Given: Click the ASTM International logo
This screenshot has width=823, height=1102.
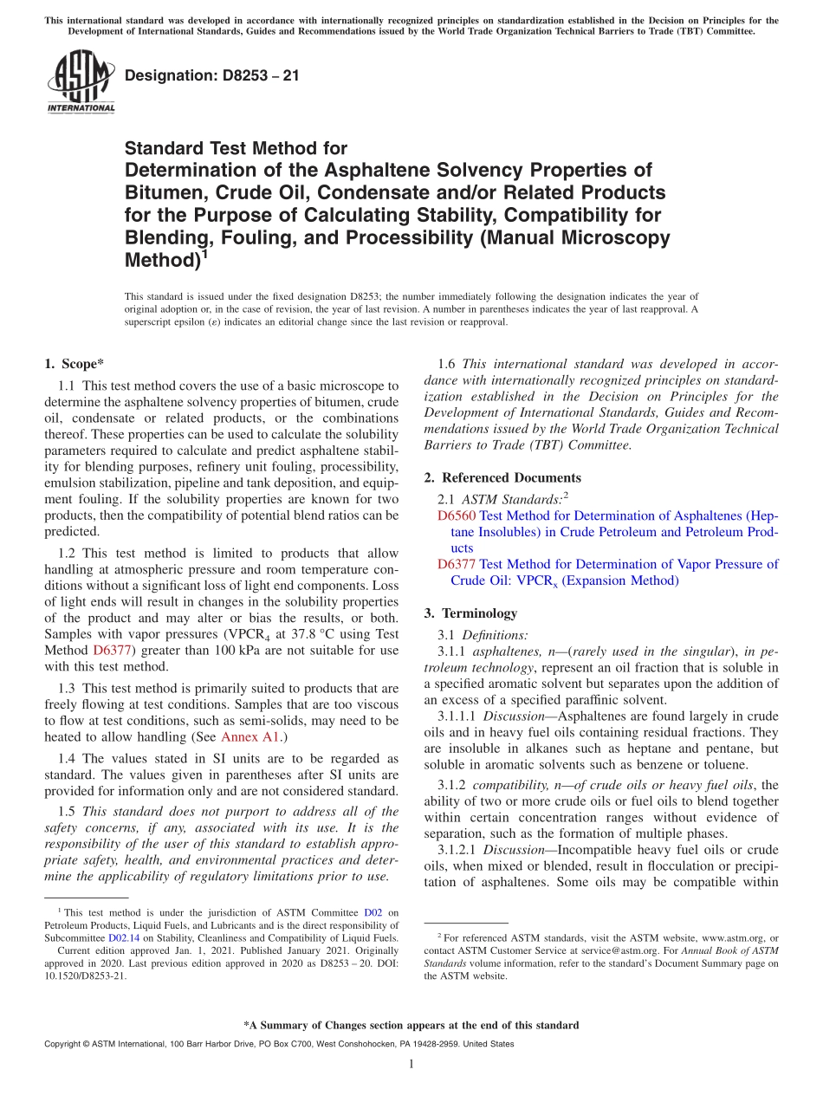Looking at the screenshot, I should click(81, 82).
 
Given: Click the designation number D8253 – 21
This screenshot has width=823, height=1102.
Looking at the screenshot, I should click(212, 75).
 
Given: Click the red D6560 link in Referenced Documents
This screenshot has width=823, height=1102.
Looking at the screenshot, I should click(457, 515).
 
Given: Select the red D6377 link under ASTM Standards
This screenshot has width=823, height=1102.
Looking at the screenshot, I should click(457, 564).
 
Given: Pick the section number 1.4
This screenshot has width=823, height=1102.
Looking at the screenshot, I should click(68, 757).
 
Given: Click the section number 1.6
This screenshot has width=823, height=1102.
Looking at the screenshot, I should click(449, 364).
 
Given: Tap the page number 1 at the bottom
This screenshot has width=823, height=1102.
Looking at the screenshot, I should click(411, 1065).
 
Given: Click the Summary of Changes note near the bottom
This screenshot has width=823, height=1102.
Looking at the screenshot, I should click(411, 1025).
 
